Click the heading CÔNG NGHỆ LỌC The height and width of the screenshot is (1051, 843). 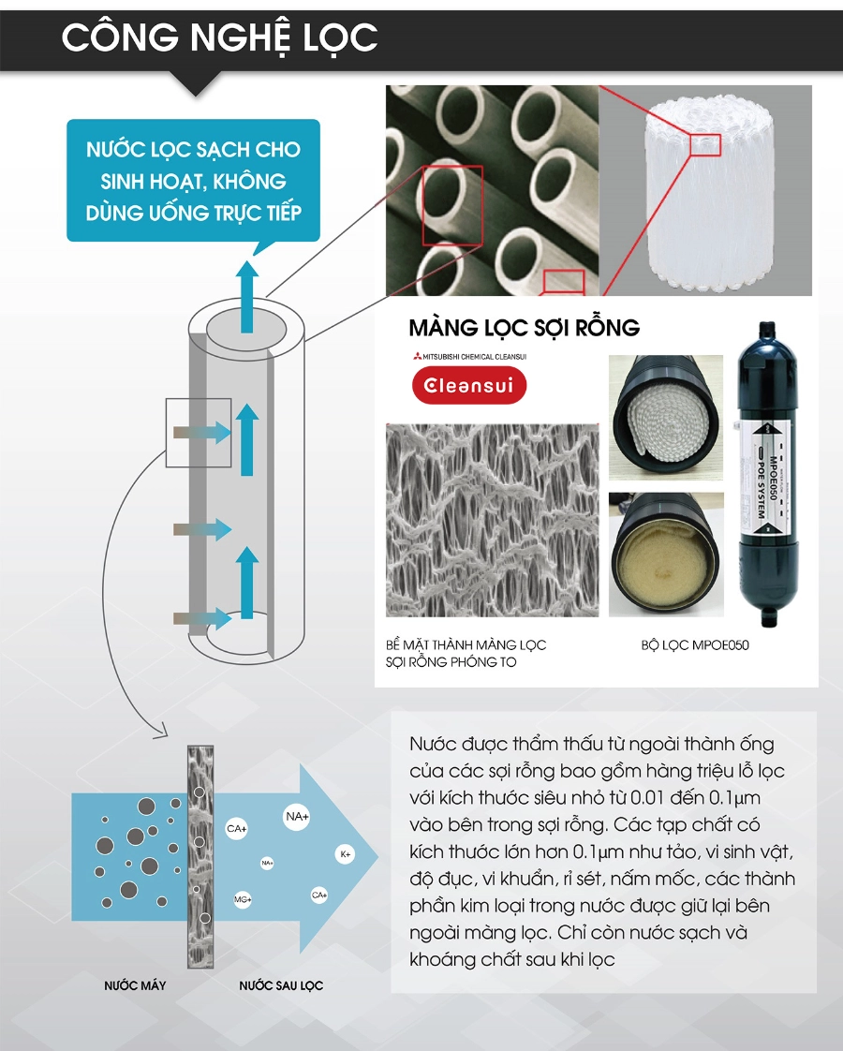pyautogui.click(x=219, y=37)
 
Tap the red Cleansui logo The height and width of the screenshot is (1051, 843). pyautogui.click(x=470, y=386)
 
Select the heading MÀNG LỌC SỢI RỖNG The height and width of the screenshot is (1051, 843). pyautogui.click(x=524, y=328)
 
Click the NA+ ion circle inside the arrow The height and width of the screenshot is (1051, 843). pyautogui.click(x=297, y=817)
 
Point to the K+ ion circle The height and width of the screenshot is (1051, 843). pyautogui.click(x=346, y=854)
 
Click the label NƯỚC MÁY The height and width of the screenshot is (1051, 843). pyautogui.click(x=135, y=985)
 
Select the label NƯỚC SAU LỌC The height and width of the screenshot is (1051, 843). pyautogui.click(x=281, y=985)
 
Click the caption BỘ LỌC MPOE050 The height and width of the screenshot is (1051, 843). pyautogui.click(x=695, y=645)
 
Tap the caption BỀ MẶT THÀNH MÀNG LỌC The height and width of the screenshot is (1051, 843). pyautogui.click(x=466, y=645)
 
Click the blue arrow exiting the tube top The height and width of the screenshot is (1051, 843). pyautogui.click(x=246, y=295)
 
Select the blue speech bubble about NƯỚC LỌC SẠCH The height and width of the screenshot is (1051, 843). pyautogui.click(x=193, y=181)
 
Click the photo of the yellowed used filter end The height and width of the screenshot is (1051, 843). pyautogui.click(x=665, y=555)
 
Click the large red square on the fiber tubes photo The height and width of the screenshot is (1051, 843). pyautogui.click(x=452, y=205)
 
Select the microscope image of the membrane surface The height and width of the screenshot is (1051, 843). pyautogui.click(x=492, y=520)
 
